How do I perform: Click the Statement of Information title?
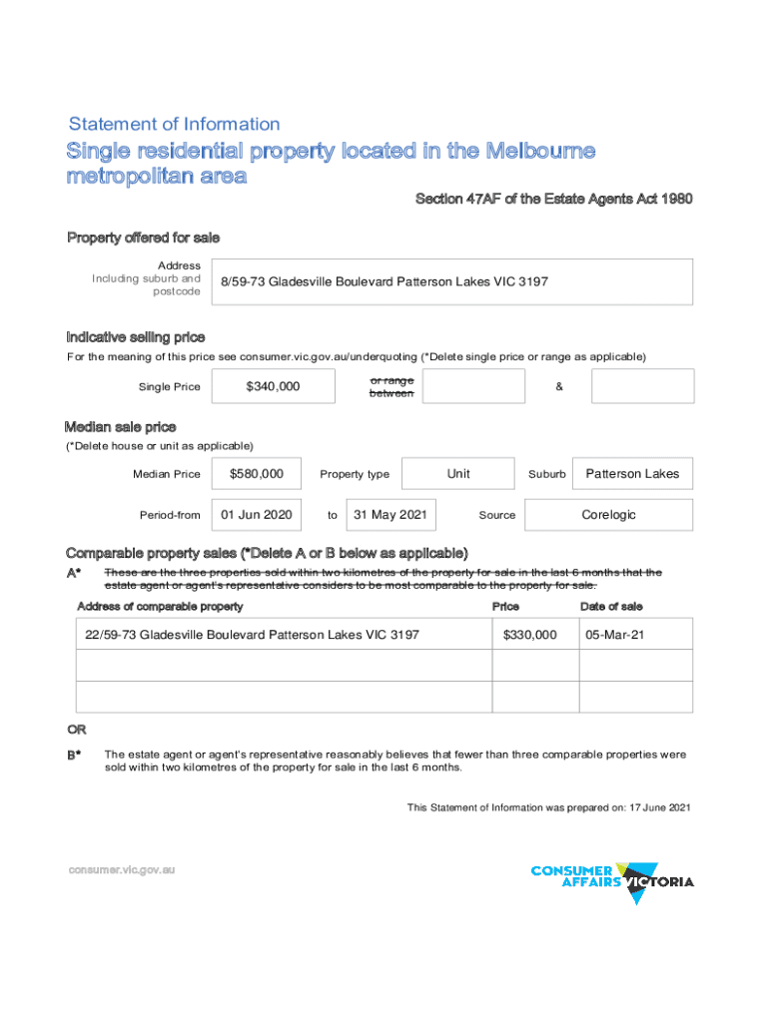(174, 125)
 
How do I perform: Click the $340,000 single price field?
(273, 386)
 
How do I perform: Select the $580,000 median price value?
(256, 474)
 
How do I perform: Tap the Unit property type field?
(458, 474)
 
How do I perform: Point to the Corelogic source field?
(608, 515)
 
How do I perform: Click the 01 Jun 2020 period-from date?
(256, 515)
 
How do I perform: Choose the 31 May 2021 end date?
(390, 515)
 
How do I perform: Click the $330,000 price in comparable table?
(529, 635)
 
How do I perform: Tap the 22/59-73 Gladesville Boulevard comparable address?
(252, 635)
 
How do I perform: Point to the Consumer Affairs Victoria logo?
(612, 879)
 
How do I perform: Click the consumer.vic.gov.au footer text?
(121, 869)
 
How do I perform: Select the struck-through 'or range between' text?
(390, 386)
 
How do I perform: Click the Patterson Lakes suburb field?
(632, 474)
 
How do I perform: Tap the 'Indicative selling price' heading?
(136, 337)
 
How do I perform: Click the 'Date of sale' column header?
(611, 607)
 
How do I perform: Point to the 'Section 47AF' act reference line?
(553, 200)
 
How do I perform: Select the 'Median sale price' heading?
(121, 428)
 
